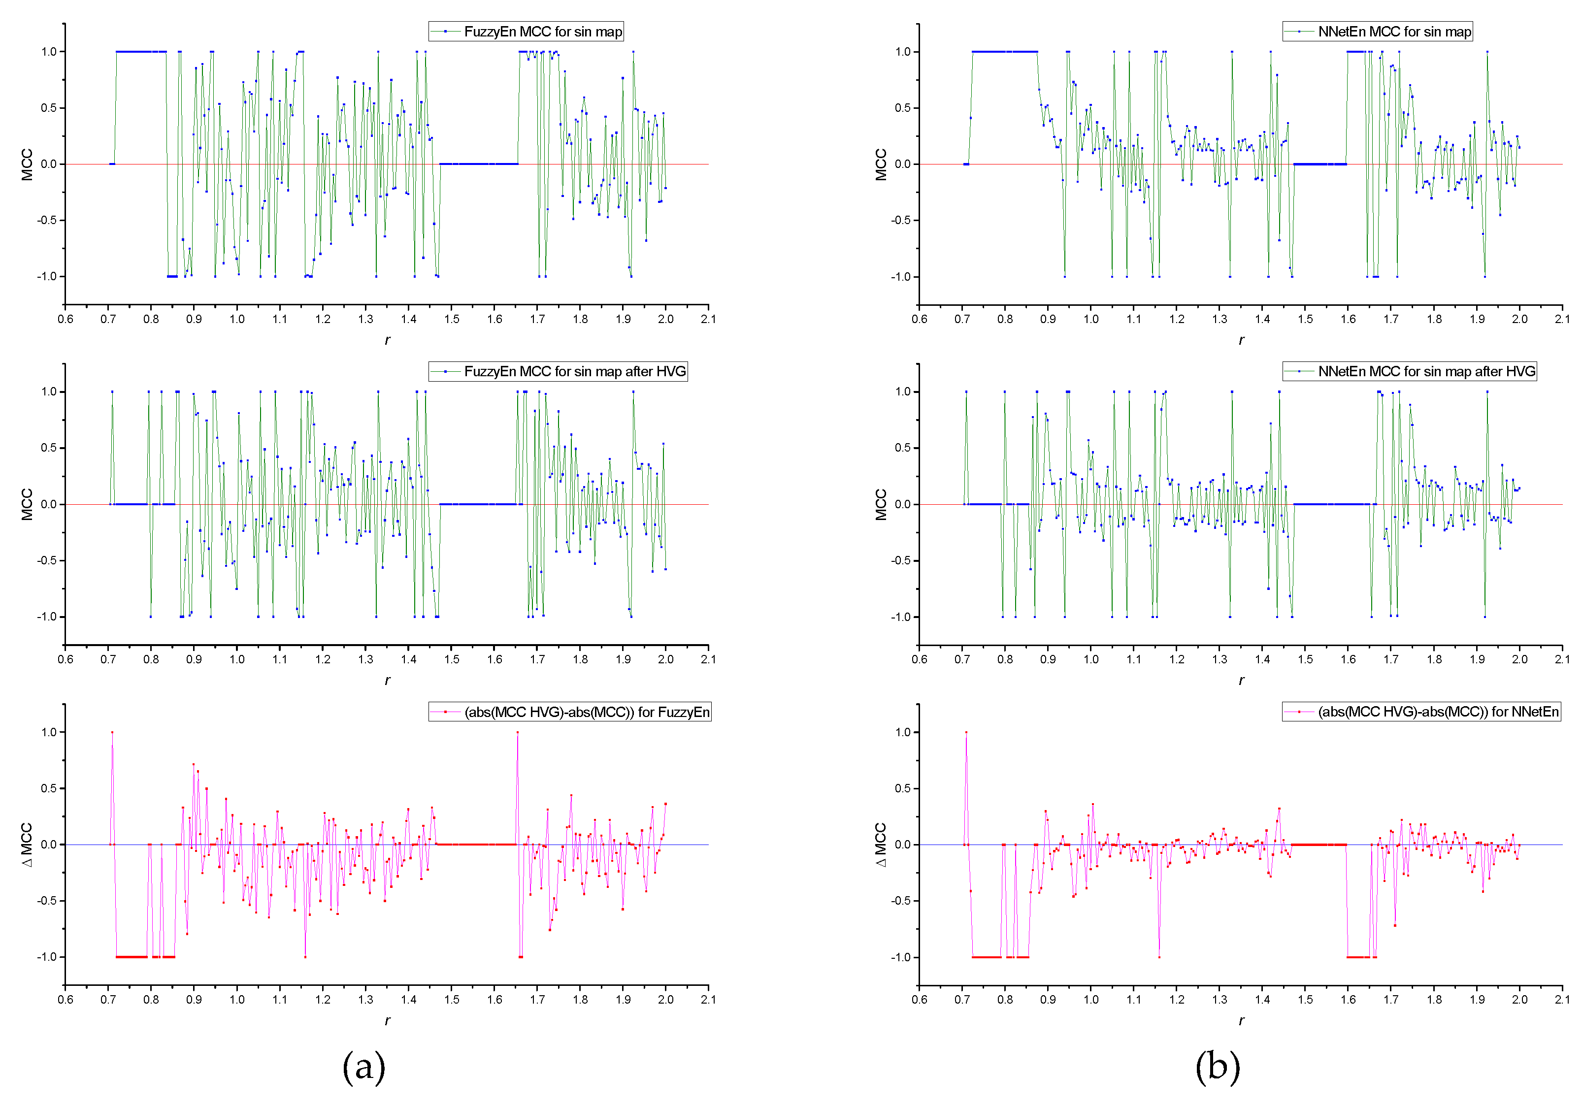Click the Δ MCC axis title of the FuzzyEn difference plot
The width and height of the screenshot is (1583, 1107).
pos(27,845)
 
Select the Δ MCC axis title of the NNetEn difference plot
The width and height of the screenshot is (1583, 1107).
pos(881,845)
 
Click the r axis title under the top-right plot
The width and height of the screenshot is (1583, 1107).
pos(1241,340)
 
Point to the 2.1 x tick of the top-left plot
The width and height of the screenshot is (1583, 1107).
pos(708,319)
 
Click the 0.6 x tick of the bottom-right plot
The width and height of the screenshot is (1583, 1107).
pos(919,1000)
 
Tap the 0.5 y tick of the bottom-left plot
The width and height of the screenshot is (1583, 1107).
pos(49,788)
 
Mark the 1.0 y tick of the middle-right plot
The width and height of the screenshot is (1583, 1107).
pos(902,391)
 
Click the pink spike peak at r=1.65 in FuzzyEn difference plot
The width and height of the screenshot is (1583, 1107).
pos(518,733)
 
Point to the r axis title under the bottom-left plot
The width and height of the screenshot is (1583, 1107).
pos(388,1020)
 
